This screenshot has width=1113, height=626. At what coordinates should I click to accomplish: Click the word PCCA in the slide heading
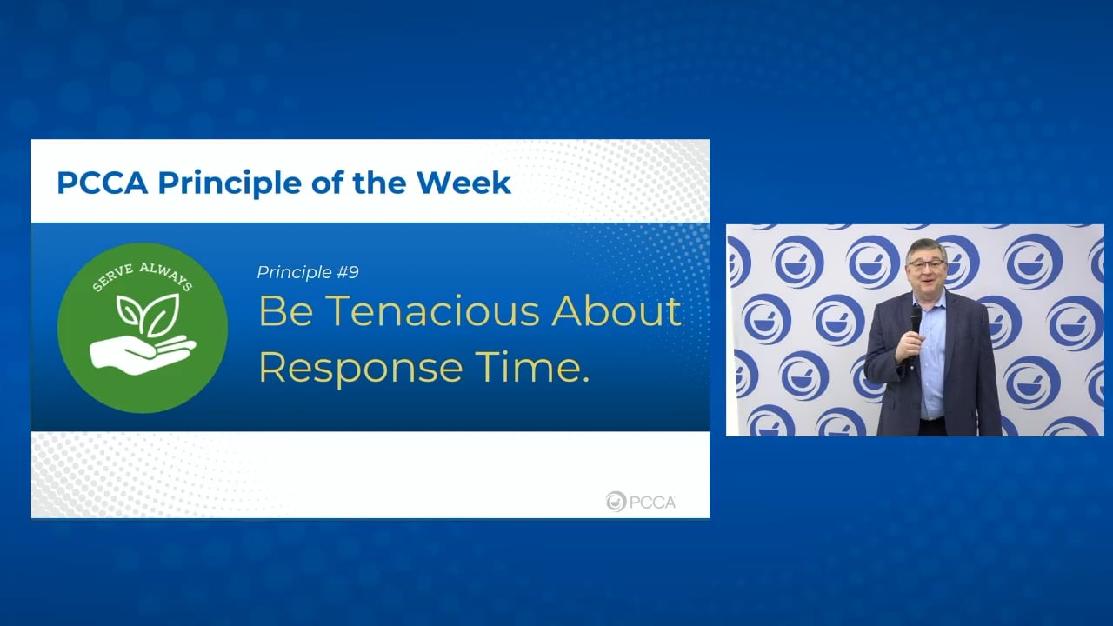[x=103, y=183]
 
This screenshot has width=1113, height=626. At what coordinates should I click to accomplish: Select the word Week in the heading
[x=463, y=183]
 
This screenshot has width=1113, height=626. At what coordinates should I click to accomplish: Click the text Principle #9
[x=308, y=272]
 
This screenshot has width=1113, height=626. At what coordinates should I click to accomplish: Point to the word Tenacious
[x=432, y=311]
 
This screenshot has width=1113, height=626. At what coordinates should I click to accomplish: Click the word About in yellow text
[x=616, y=311]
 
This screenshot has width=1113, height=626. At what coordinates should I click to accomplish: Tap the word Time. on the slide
[x=532, y=367]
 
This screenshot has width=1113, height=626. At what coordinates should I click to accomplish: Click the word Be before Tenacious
[x=286, y=311]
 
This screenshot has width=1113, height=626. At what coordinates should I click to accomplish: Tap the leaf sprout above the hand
[x=148, y=314]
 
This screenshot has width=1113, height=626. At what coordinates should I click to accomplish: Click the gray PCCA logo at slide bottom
[x=641, y=502]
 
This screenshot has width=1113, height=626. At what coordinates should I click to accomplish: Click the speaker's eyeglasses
[x=926, y=264]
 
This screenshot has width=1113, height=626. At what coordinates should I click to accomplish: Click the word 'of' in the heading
[x=327, y=183]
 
